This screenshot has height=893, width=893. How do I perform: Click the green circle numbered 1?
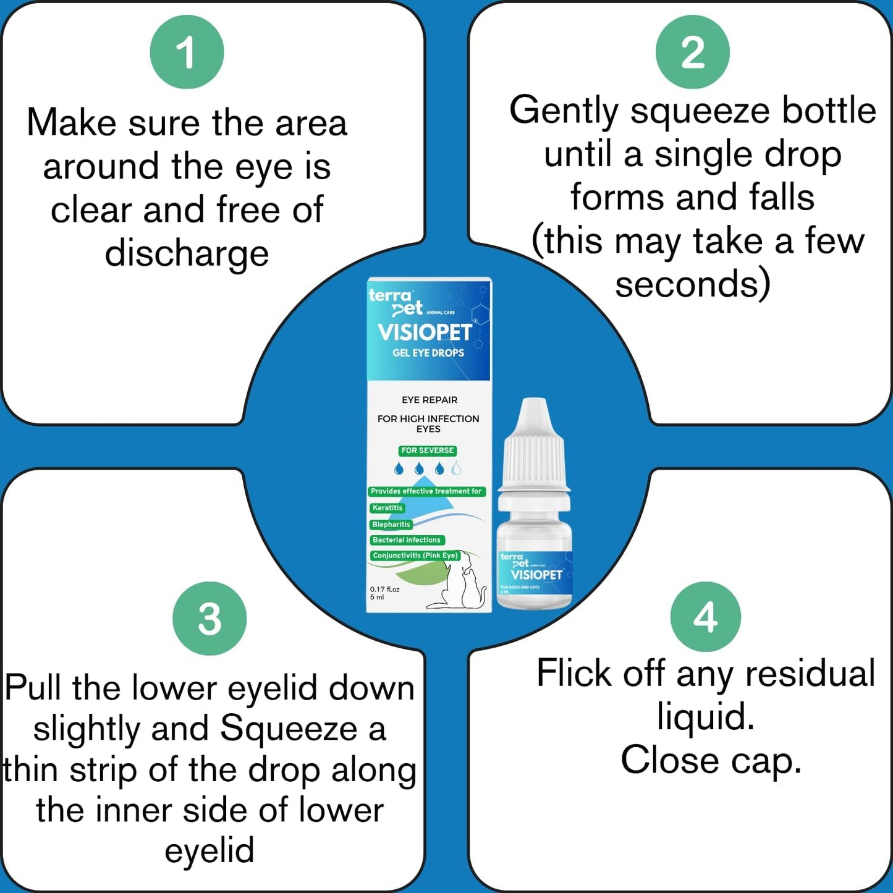[x=187, y=52]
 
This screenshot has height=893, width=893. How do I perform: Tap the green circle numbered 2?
[x=692, y=52]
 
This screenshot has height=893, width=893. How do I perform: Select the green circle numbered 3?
[x=209, y=618]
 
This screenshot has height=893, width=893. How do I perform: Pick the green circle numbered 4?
[x=705, y=617]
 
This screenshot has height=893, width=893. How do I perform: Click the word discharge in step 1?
[x=187, y=253]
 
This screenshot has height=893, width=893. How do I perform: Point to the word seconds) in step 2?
[x=693, y=284]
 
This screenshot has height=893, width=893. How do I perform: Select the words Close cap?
[x=711, y=760]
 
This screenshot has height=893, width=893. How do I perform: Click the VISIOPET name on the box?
[x=425, y=332]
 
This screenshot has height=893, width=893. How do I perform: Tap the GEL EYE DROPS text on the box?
[x=428, y=353]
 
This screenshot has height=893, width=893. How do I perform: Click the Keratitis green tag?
[x=387, y=508]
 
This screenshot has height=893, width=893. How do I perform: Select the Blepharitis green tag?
[x=391, y=524]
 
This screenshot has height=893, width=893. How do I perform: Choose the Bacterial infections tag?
[x=406, y=540]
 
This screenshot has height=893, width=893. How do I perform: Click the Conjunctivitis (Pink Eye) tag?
[x=415, y=556]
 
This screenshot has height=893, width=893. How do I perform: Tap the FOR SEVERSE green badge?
[x=428, y=451]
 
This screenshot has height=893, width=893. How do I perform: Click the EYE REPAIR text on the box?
[x=430, y=400]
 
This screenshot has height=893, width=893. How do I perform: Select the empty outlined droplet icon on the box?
[x=456, y=468]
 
